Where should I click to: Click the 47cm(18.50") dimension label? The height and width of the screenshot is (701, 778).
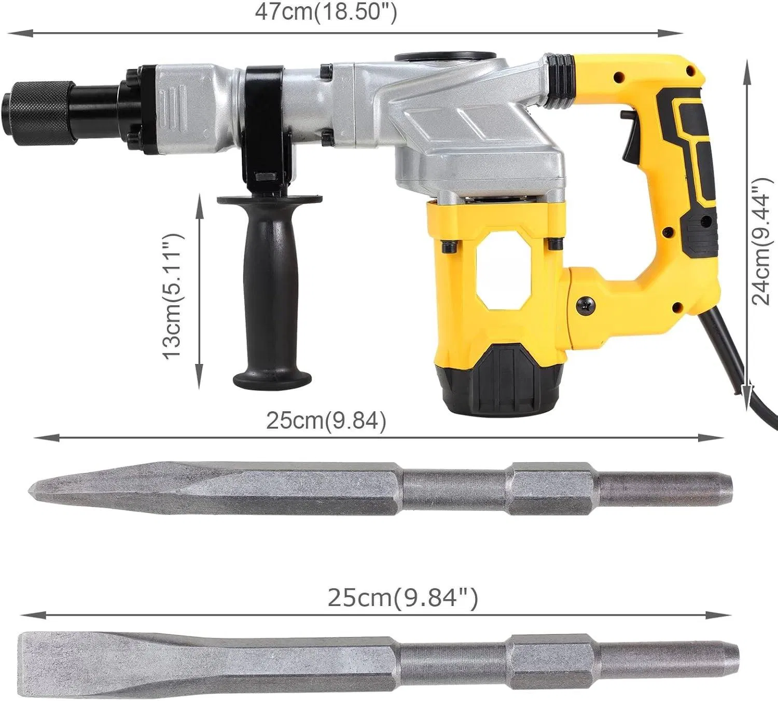coord(326,12)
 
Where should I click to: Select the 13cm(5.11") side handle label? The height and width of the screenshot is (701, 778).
coord(173,295)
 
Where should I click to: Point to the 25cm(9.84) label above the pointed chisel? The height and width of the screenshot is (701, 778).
coord(326,421)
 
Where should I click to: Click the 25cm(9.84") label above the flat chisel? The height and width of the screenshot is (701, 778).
coord(402,598)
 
